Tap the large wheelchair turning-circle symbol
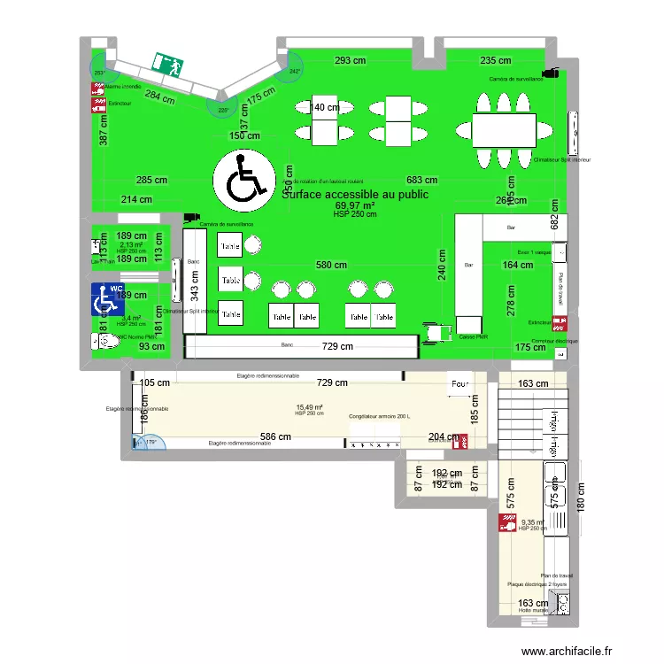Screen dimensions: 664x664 point(241,180)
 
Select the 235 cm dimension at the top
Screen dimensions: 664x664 point(496,61)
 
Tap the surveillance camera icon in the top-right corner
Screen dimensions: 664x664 point(551,73)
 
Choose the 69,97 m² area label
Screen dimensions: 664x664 point(355,205)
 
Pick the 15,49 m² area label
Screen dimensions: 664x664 point(309,408)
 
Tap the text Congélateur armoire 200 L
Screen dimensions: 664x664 point(380,416)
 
